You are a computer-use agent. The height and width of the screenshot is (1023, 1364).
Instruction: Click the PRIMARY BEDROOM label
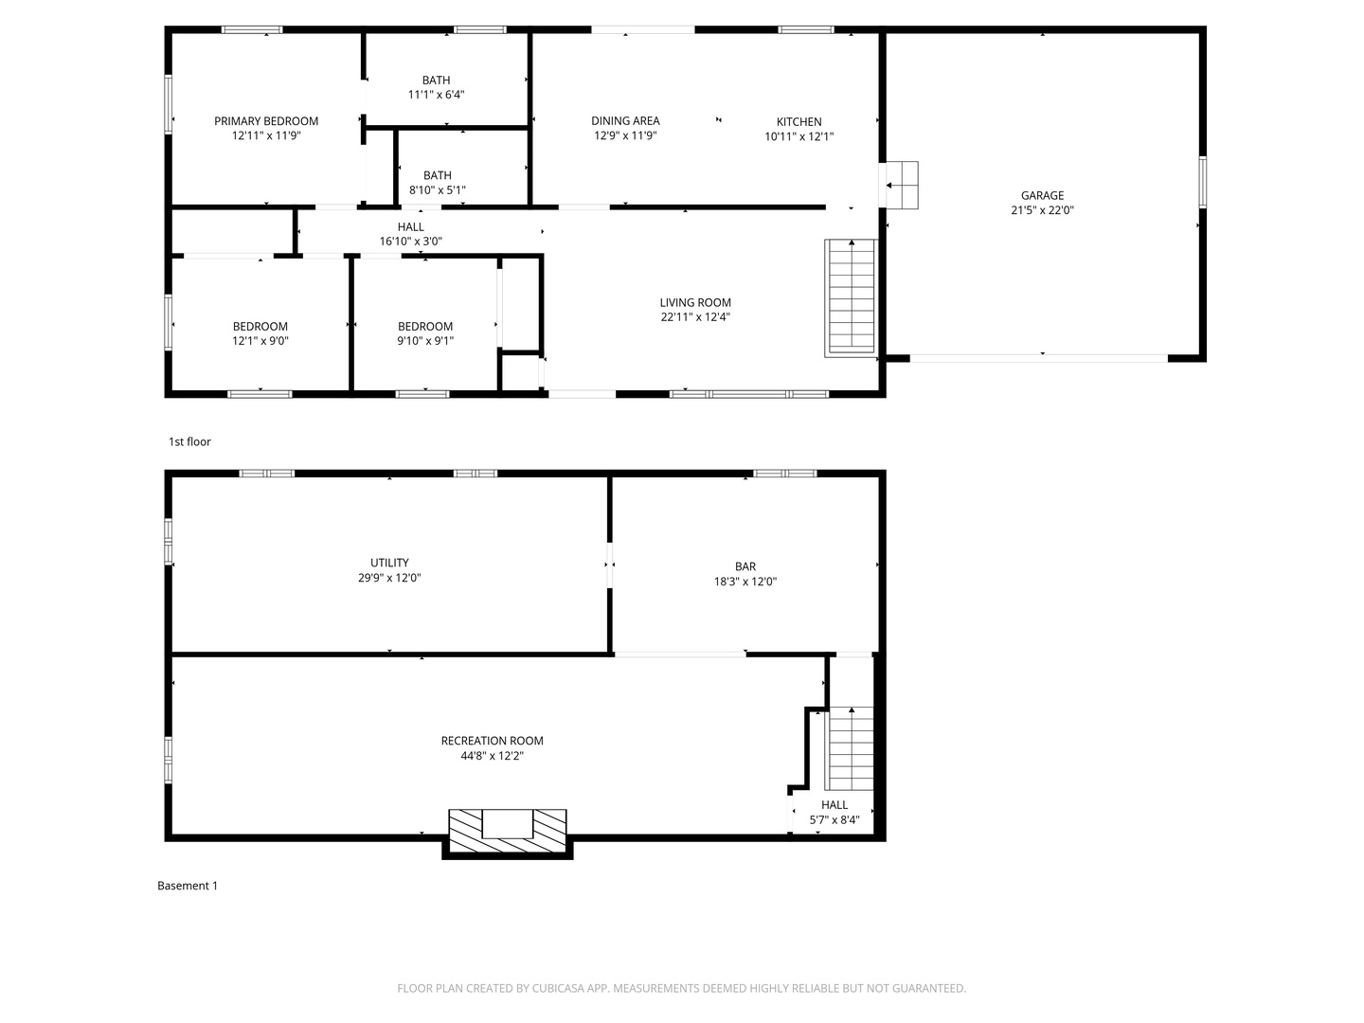click(266, 121)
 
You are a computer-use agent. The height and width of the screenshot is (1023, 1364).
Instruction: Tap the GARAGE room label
click(1042, 196)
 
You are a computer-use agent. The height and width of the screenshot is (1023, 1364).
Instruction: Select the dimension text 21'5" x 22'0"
click(1042, 211)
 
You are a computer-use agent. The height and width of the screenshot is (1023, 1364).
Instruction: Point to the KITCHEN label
click(799, 122)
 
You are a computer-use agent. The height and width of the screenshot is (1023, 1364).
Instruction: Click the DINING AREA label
click(625, 121)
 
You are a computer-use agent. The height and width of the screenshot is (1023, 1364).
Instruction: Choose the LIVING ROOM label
click(695, 303)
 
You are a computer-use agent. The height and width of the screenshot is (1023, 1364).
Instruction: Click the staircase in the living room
click(851, 296)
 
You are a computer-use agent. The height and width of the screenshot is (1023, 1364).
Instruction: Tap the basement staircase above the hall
click(850, 748)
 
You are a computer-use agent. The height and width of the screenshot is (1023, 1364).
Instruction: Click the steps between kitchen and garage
click(901, 185)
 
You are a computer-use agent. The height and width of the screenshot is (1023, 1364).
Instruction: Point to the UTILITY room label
click(389, 563)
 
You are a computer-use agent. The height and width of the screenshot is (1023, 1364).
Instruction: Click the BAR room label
click(745, 567)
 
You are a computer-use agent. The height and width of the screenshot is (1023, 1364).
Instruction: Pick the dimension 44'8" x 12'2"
click(492, 756)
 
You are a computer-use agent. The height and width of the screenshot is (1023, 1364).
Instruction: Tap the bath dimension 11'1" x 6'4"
click(436, 95)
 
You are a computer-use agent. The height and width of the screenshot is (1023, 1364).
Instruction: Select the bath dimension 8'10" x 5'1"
click(437, 190)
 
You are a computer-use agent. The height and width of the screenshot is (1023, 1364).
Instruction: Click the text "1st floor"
click(189, 442)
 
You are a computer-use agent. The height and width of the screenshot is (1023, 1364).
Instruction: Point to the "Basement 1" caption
click(188, 886)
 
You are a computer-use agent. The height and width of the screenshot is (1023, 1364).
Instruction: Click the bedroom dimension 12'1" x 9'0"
click(260, 341)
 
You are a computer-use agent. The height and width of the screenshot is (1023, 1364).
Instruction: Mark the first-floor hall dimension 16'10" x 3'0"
click(411, 242)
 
